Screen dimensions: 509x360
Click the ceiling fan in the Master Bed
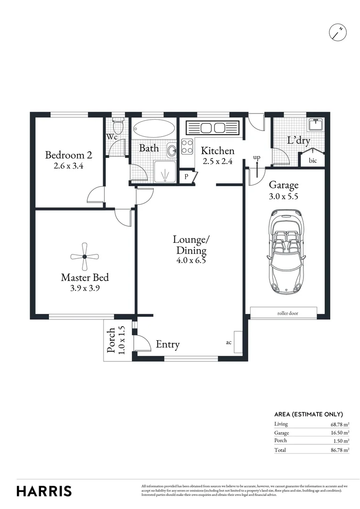pyautogui.click(x=85, y=256)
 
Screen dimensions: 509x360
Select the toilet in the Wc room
pyautogui.click(x=118, y=126)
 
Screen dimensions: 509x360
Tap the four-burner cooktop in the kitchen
pyautogui.click(x=187, y=148)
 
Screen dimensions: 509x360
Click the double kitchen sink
pyautogui.click(x=212, y=128)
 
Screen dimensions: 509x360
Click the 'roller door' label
pyautogui.click(x=287, y=313)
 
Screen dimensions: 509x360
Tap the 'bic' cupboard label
pyautogui.click(x=313, y=161)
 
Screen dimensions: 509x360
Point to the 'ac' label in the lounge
pyautogui.click(x=229, y=343)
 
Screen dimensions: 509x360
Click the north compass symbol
pyautogui.click(x=338, y=32)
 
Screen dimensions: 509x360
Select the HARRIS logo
pyautogui.click(x=44, y=491)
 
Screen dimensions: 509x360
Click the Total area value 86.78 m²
pyautogui.click(x=339, y=450)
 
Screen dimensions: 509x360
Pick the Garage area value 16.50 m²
pyautogui.click(x=339, y=433)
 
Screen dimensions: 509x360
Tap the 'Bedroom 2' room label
pyautogui.click(x=68, y=155)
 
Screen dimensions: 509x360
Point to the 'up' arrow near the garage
pyautogui.click(x=257, y=163)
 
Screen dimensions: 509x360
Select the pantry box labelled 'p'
pyautogui.click(x=187, y=177)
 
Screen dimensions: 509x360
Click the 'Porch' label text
pyautogui.click(x=112, y=340)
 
